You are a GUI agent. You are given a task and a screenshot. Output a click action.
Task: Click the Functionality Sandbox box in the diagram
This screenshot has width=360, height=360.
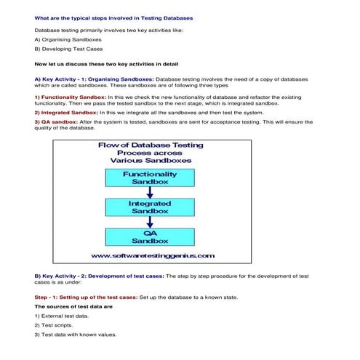pos(150,177)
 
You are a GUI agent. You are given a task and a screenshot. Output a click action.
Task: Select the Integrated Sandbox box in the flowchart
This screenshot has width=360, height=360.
pos(150,207)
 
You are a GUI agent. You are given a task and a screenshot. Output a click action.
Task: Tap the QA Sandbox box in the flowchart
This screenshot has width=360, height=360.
pos(150,236)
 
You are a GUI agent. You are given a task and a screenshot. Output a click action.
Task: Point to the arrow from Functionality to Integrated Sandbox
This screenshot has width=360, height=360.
pos(150,192)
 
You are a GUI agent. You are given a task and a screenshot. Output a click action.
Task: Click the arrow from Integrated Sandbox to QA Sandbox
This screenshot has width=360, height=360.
pos(150,221)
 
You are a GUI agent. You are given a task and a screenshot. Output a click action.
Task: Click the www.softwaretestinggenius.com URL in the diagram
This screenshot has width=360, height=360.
pos(152,255)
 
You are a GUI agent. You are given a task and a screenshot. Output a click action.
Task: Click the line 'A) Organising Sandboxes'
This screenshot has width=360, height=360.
pos(68,39)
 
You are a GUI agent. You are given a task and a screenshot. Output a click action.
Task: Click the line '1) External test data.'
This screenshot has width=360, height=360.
pos(62,316)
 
